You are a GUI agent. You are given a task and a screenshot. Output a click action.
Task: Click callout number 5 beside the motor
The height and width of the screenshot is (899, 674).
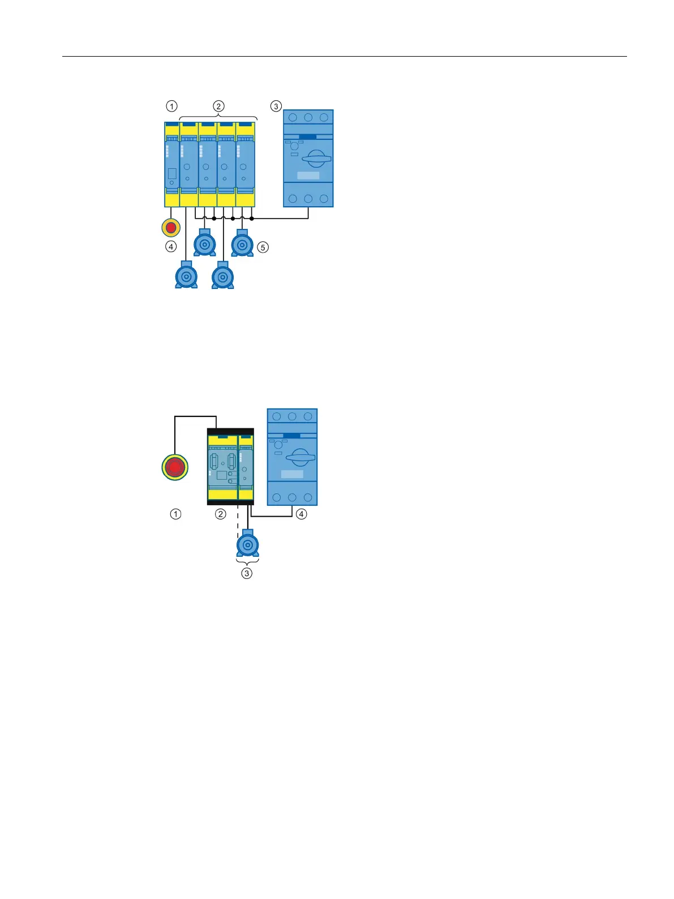(x=263, y=248)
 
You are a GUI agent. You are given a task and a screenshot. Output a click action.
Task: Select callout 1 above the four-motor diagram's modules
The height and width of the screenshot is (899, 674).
(x=171, y=106)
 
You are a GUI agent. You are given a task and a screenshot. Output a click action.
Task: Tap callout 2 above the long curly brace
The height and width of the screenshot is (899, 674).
(x=218, y=106)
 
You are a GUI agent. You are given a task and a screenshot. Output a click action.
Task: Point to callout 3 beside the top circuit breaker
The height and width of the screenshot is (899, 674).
(x=276, y=106)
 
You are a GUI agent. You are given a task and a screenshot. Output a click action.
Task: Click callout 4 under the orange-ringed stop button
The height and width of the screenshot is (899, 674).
(x=171, y=247)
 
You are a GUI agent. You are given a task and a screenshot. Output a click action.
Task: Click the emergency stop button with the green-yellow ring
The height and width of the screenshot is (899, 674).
(x=175, y=467)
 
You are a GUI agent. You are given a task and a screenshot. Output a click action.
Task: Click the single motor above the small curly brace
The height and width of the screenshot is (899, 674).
(x=247, y=543)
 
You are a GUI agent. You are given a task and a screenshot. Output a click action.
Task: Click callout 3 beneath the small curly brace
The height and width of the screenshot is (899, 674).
(x=247, y=573)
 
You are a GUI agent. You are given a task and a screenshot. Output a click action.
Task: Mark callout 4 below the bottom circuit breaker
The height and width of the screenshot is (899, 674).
(x=302, y=514)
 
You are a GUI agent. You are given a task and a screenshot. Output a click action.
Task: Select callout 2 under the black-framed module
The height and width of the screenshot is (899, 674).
(x=221, y=514)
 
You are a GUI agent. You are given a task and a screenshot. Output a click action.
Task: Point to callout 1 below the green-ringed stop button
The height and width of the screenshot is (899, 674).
(x=175, y=514)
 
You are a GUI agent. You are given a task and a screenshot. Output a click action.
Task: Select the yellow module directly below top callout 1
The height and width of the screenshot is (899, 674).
(x=172, y=164)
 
